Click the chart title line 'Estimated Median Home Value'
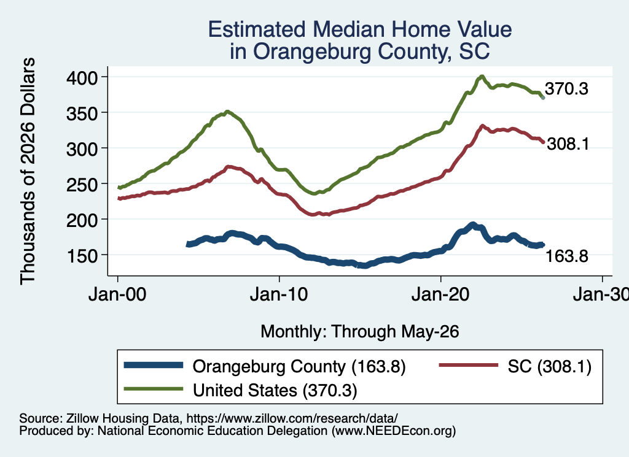point(360,29)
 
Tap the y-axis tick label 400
point(82,78)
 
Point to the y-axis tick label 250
point(82,185)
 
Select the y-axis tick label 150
point(82,256)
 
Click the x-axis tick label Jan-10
point(279,295)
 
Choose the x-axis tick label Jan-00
point(117,295)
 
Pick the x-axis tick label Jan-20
point(440,295)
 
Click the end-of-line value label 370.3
point(566,88)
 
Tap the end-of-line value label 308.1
point(568,144)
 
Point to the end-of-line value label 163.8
point(567,256)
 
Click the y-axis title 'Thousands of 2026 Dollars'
point(28,171)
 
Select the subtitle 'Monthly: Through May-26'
point(360,332)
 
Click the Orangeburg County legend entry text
point(299,366)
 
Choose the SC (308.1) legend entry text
point(550,366)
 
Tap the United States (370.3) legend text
point(275,390)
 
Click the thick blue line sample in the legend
point(154,365)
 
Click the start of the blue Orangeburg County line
point(188,244)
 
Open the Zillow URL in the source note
point(292,418)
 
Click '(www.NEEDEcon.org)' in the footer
point(394,431)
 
